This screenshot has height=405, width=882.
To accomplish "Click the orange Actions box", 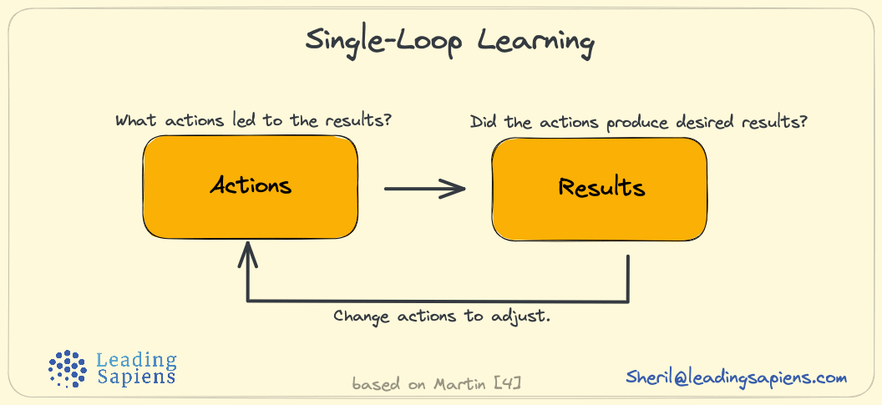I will [251, 187].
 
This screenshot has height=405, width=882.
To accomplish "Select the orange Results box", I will [600, 189].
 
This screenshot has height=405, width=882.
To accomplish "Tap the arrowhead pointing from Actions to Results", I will [455, 189].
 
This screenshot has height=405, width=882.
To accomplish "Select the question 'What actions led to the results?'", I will [253, 120].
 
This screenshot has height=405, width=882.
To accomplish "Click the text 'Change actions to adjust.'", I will [441, 316].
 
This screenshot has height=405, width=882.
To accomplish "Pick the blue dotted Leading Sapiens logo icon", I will [68, 368].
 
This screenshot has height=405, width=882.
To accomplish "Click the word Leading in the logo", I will [137, 361].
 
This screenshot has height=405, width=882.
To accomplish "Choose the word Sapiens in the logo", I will [136, 377].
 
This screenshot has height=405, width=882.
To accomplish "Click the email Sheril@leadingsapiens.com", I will [736, 377].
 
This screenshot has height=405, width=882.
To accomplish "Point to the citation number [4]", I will [509, 385].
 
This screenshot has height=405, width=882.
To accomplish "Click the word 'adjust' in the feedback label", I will [521, 317].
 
